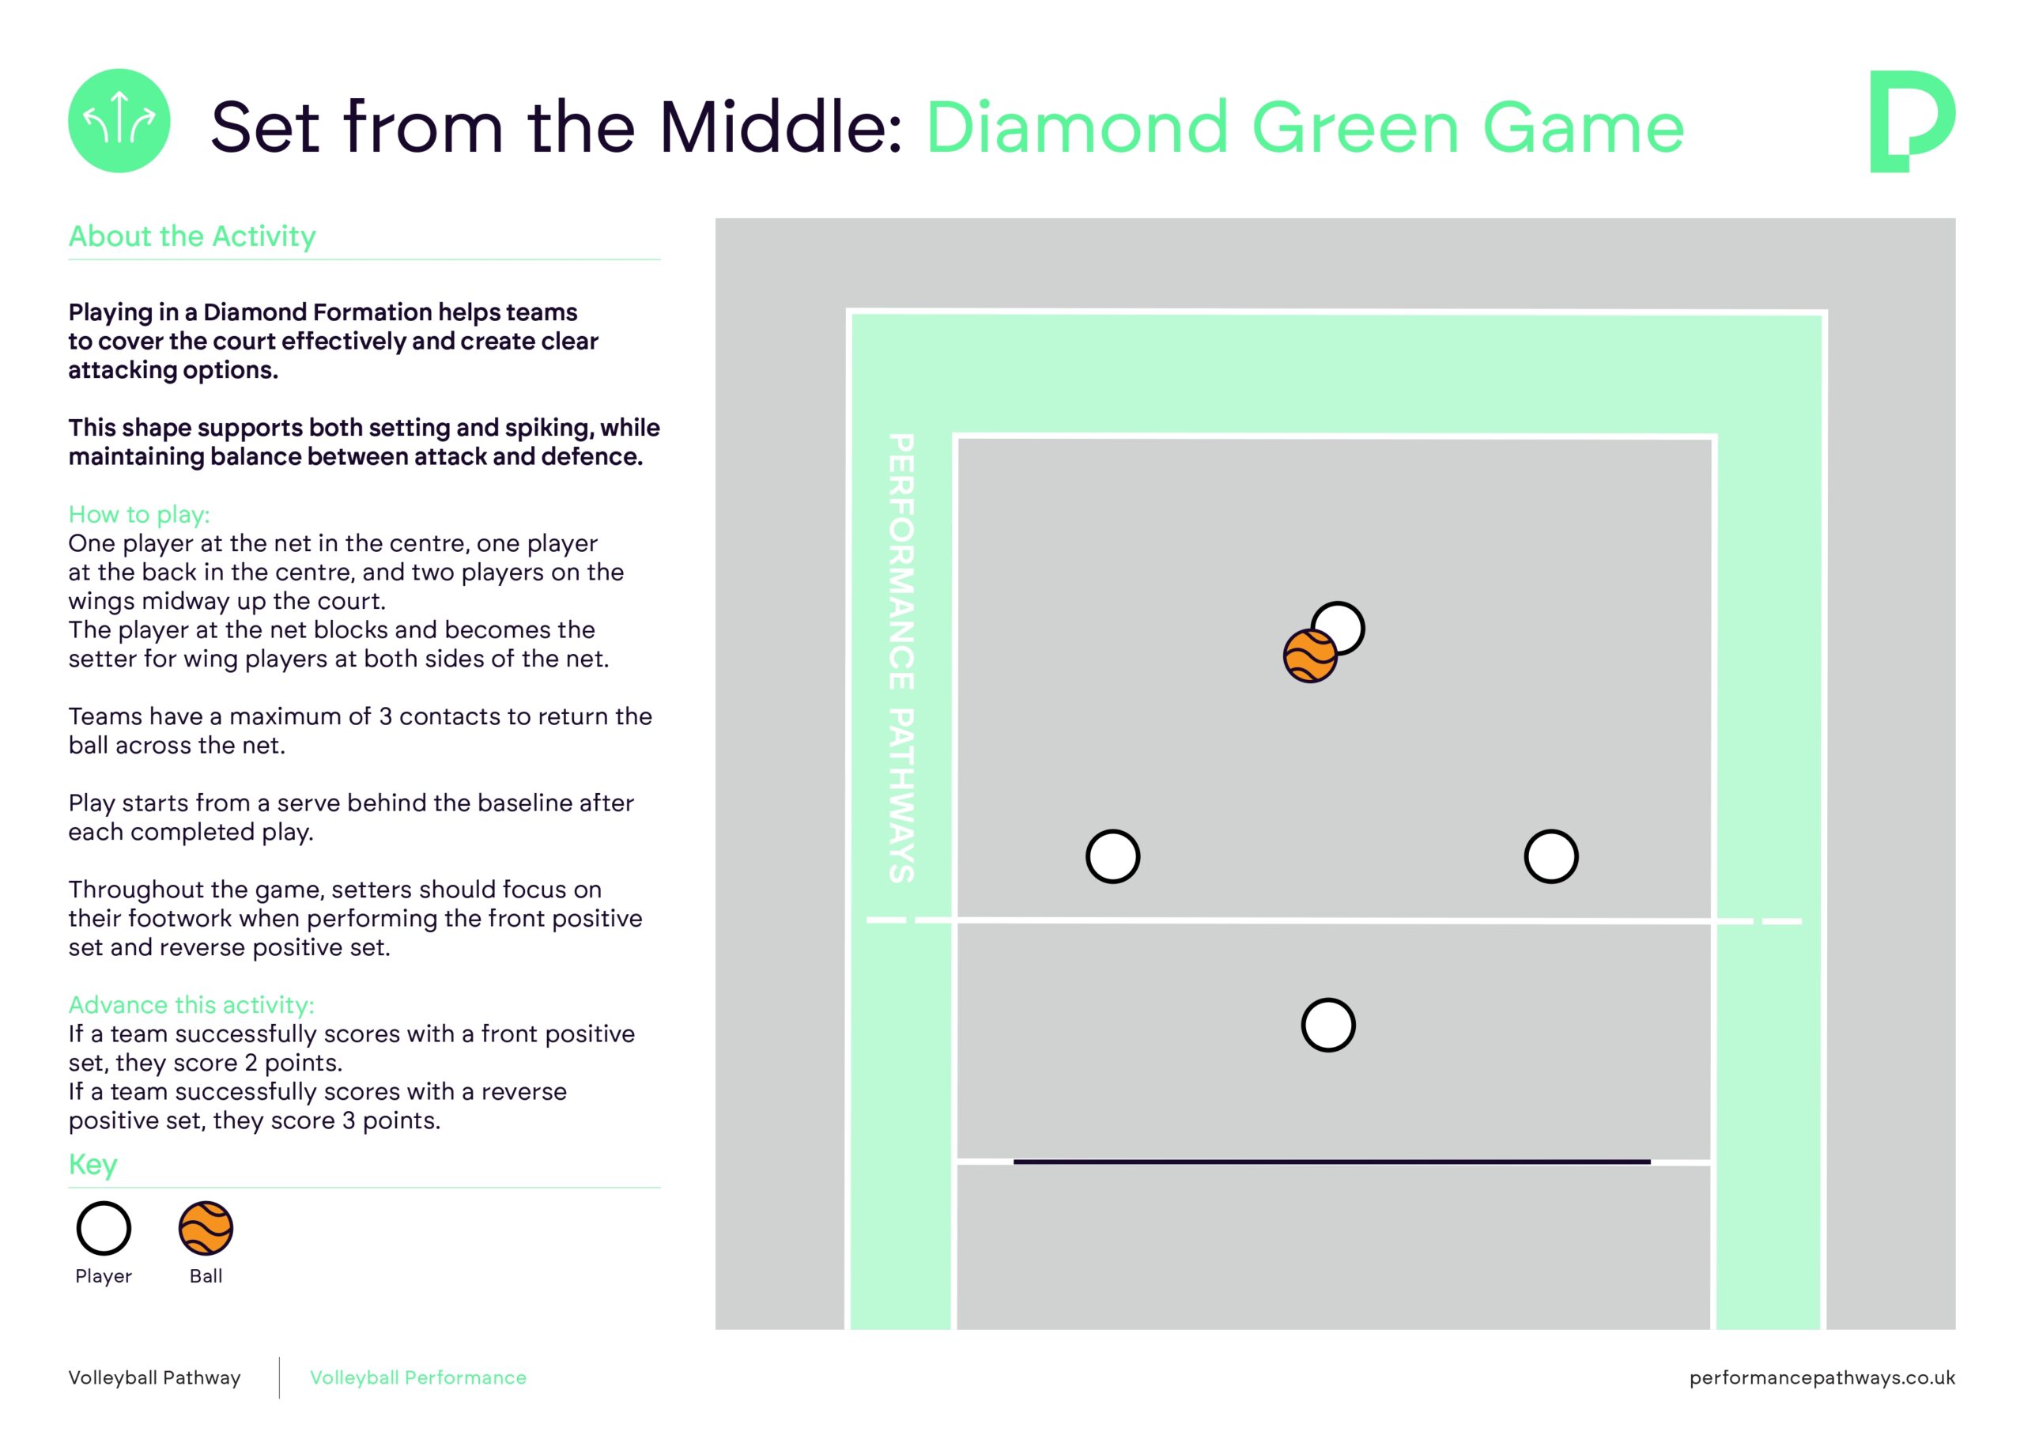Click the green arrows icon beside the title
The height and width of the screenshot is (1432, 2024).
pyautogui.click(x=119, y=121)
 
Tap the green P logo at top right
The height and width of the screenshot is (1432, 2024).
pyautogui.click(x=1911, y=121)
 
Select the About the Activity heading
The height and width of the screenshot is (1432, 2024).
pyautogui.click(x=192, y=236)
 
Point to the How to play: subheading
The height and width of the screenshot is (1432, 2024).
pyautogui.click(x=139, y=514)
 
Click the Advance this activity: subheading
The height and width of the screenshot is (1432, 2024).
pyautogui.click(x=191, y=1004)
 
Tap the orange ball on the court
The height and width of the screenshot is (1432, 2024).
pyautogui.click(x=1309, y=656)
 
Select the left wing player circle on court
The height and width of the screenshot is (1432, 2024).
pyautogui.click(x=1112, y=856)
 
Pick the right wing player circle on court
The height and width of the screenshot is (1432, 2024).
pyautogui.click(x=1550, y=856)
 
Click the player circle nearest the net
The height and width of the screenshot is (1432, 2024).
pyautogui.click(x=1327, y=1025)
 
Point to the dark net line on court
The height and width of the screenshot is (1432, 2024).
pyautogui.click(x=1331, y=1162)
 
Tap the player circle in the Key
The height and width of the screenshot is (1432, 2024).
pyautogui.click(x=104, y=1228)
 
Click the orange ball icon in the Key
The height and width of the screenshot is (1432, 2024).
pyautogui.click(x=206, y=1228)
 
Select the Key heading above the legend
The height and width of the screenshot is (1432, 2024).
pyautogui.click(x=93, y=1164)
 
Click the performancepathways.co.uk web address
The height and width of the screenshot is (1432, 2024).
pyautogui.click(x=1822, y=1377)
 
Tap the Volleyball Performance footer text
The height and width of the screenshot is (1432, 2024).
pyautogui.click(x=418, y=1377)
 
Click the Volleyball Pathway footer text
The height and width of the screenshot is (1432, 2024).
pyautogui.click(x=154, y=1377)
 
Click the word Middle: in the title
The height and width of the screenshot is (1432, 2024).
pyautogui.click(x=781, y=128)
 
